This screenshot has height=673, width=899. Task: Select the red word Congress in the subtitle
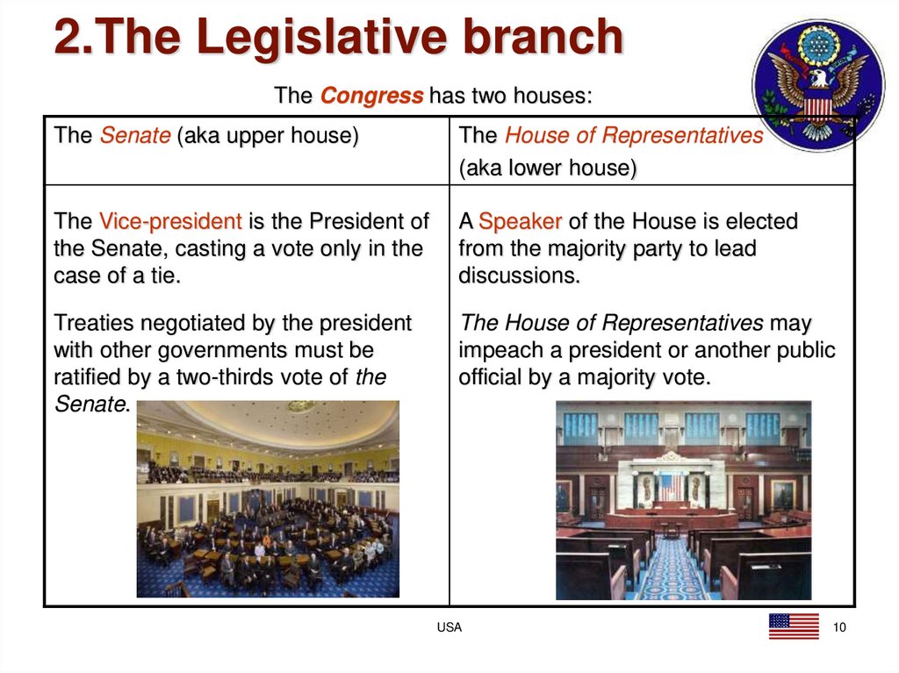pos(371,96)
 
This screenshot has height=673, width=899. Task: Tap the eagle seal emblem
pos(817,85)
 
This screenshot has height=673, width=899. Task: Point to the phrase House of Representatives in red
pos(634,136)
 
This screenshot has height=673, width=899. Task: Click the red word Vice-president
pos(169,220)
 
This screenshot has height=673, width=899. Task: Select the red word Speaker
pos(521,220)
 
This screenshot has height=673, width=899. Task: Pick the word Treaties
pos(88,323)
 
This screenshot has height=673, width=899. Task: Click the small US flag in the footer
pos(793,626)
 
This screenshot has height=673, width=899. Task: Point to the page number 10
pos(839,627)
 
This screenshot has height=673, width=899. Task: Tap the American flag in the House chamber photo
pos(670,487)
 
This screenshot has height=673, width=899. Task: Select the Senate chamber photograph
pos(268,498)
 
